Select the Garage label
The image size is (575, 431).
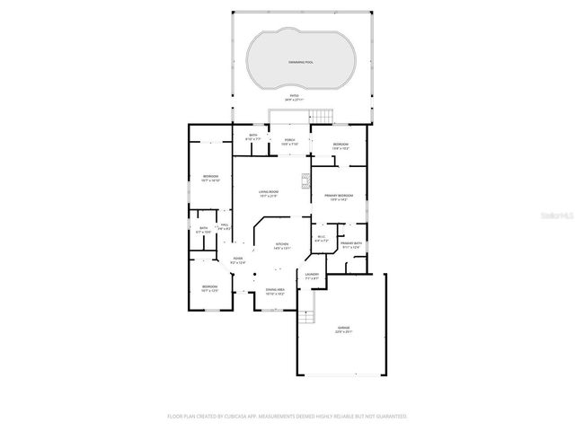(x=342, y=330)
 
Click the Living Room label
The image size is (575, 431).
(x=269, y=192)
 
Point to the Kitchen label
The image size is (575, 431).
(x=282, y=245)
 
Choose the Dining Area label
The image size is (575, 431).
(x=275, y=291)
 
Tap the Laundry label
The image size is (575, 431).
(x=312, y=276)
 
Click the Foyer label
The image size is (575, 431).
(x=238, y=260)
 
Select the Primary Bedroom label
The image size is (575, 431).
(x=339, y=197)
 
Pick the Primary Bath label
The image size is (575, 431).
(x=351, y=245)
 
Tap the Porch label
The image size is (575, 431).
(x=289, y=141)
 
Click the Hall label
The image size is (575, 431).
(x=225, y=226)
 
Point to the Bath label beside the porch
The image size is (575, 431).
(x=252, y=138)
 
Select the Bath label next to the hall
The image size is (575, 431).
(x=204, y=230)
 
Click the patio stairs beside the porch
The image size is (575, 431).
(x=321, y=117)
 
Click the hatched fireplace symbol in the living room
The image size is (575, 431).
(x=305, y=179)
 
